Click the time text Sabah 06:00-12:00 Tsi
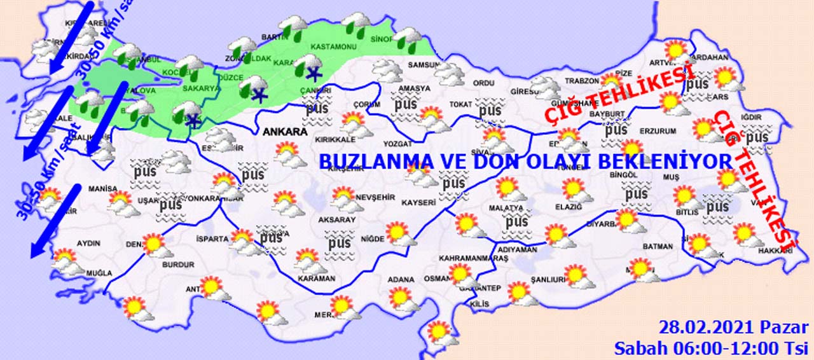[710, 348]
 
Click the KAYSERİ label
[418, 202]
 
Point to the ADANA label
[401, 279]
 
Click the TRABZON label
[583, 81]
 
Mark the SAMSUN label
[420, 65]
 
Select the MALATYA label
[506, 208]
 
